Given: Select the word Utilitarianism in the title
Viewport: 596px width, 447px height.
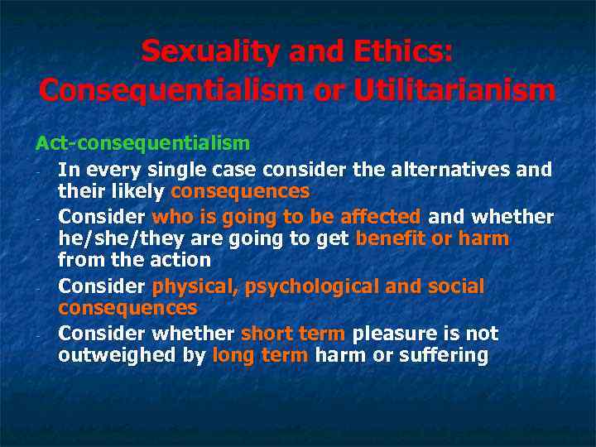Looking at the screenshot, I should [x=455, y=89].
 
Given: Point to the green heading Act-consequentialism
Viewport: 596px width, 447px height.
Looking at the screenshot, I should [x=142, y=143].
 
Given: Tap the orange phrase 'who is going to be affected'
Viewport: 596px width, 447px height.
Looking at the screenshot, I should [x=287, y=217].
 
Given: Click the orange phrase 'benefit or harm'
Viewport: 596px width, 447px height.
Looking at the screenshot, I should [x=432, y=238].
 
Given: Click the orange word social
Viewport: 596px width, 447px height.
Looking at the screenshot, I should [x=455, y=286].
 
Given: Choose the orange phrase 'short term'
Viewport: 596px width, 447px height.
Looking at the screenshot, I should [x=294, y=334].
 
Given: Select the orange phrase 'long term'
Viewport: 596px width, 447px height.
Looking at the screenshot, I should [x=261, y=355].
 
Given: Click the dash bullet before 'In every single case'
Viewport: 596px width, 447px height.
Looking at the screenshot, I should [x=39, y=171].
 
